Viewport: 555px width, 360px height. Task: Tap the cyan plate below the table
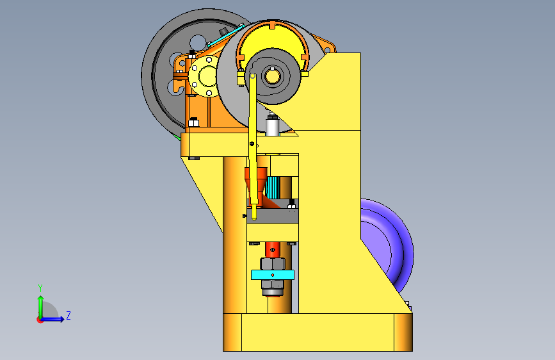coord(273,275)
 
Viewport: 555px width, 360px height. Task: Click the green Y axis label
coord(40,288)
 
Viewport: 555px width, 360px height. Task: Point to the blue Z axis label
coord(68,315)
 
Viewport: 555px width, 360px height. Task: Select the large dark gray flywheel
coord(159,88)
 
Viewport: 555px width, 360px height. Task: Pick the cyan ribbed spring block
coord(273,188)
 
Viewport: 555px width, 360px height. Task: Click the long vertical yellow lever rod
coord(253,145)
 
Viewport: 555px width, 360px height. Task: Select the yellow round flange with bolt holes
coord(204,76)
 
